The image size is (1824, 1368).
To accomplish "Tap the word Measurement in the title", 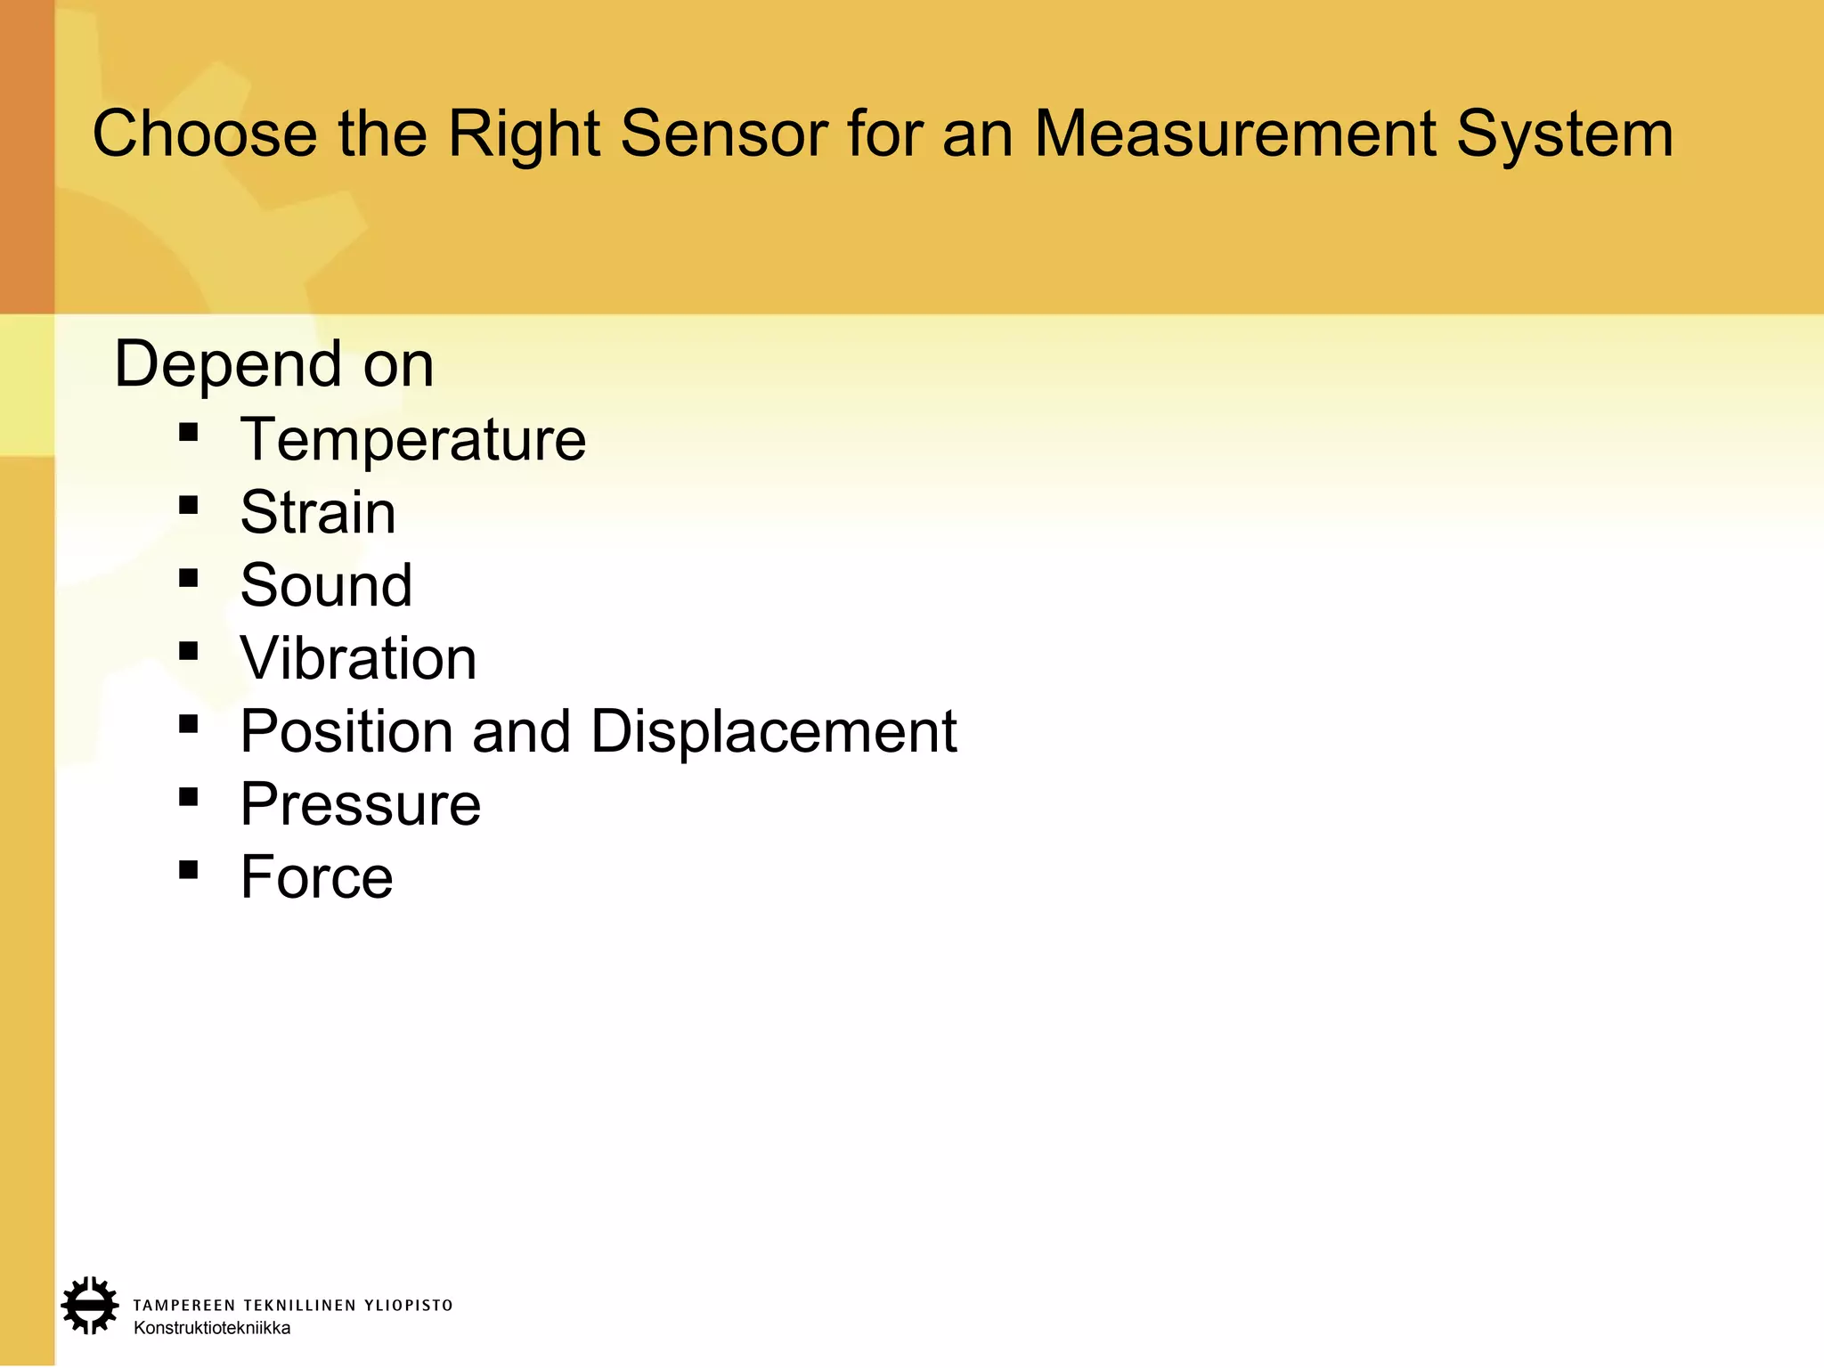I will coord(1234,134).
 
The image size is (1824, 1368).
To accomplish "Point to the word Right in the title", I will coord(523,134).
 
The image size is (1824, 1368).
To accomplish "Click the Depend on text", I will coord(274,364).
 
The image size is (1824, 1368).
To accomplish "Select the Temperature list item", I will coord(412,439).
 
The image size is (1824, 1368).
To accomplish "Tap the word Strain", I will coord(318,512).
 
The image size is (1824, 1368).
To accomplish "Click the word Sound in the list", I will coord(326,585).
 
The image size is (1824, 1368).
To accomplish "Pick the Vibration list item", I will coord(358,658).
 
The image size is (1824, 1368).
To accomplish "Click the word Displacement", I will coord(773,731).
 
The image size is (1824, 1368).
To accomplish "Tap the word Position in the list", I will coord(346,731).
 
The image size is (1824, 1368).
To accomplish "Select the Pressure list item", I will coord(360,804).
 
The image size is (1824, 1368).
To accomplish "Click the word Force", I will coord(316,877).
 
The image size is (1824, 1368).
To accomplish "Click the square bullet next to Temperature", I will coord(188,433).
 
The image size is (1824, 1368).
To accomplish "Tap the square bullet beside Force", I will coord(188,869).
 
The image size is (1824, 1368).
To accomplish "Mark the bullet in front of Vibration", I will coord(188,651).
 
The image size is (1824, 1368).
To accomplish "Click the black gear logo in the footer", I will coord(89,1306).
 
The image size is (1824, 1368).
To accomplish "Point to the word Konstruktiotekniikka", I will coord(212,1328).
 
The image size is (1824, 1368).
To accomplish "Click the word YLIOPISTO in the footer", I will coord(409,1306).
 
